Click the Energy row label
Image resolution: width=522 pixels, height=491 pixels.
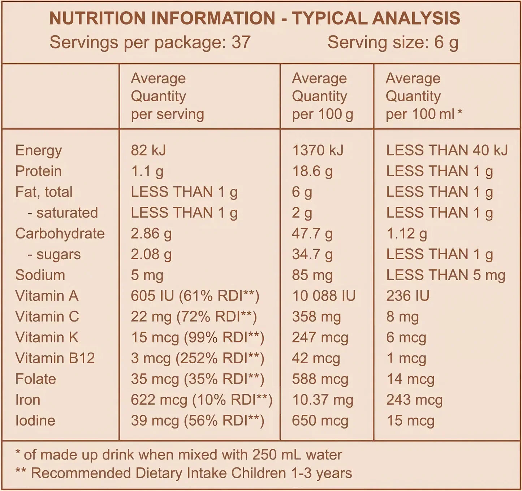click(x=38, y=150)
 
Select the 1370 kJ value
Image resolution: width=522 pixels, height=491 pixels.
click(x=318, y=150)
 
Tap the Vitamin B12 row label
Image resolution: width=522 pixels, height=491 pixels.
click(x=55, y=358)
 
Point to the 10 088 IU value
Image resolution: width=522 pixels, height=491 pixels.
click(x=324, y=296)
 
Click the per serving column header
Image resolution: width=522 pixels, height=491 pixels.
click(x=167, y=96)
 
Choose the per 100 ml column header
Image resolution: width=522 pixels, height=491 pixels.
click(x=423, y=96)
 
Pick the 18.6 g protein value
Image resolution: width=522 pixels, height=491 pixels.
click(x=312, y=171)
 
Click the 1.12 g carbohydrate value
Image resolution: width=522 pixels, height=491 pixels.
click(x=406, y=234)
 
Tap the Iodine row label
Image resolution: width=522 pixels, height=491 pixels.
click(x=35, y=420)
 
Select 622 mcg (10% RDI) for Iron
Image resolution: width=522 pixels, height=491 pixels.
click(x=201, y=400)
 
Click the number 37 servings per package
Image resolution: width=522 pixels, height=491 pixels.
click(x=241, y=42)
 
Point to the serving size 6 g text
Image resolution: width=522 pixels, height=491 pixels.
click(x=393, y=42)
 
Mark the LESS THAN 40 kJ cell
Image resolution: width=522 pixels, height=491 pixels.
click(x=447, y=150)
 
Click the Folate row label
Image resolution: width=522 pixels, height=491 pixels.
click(x=35, y=379)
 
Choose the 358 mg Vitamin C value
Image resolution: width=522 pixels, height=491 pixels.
click(x=316, y=317)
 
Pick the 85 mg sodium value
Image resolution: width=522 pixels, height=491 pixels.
click(x=312, y=275)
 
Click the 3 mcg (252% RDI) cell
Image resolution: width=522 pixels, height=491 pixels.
click(x=197, y=358)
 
